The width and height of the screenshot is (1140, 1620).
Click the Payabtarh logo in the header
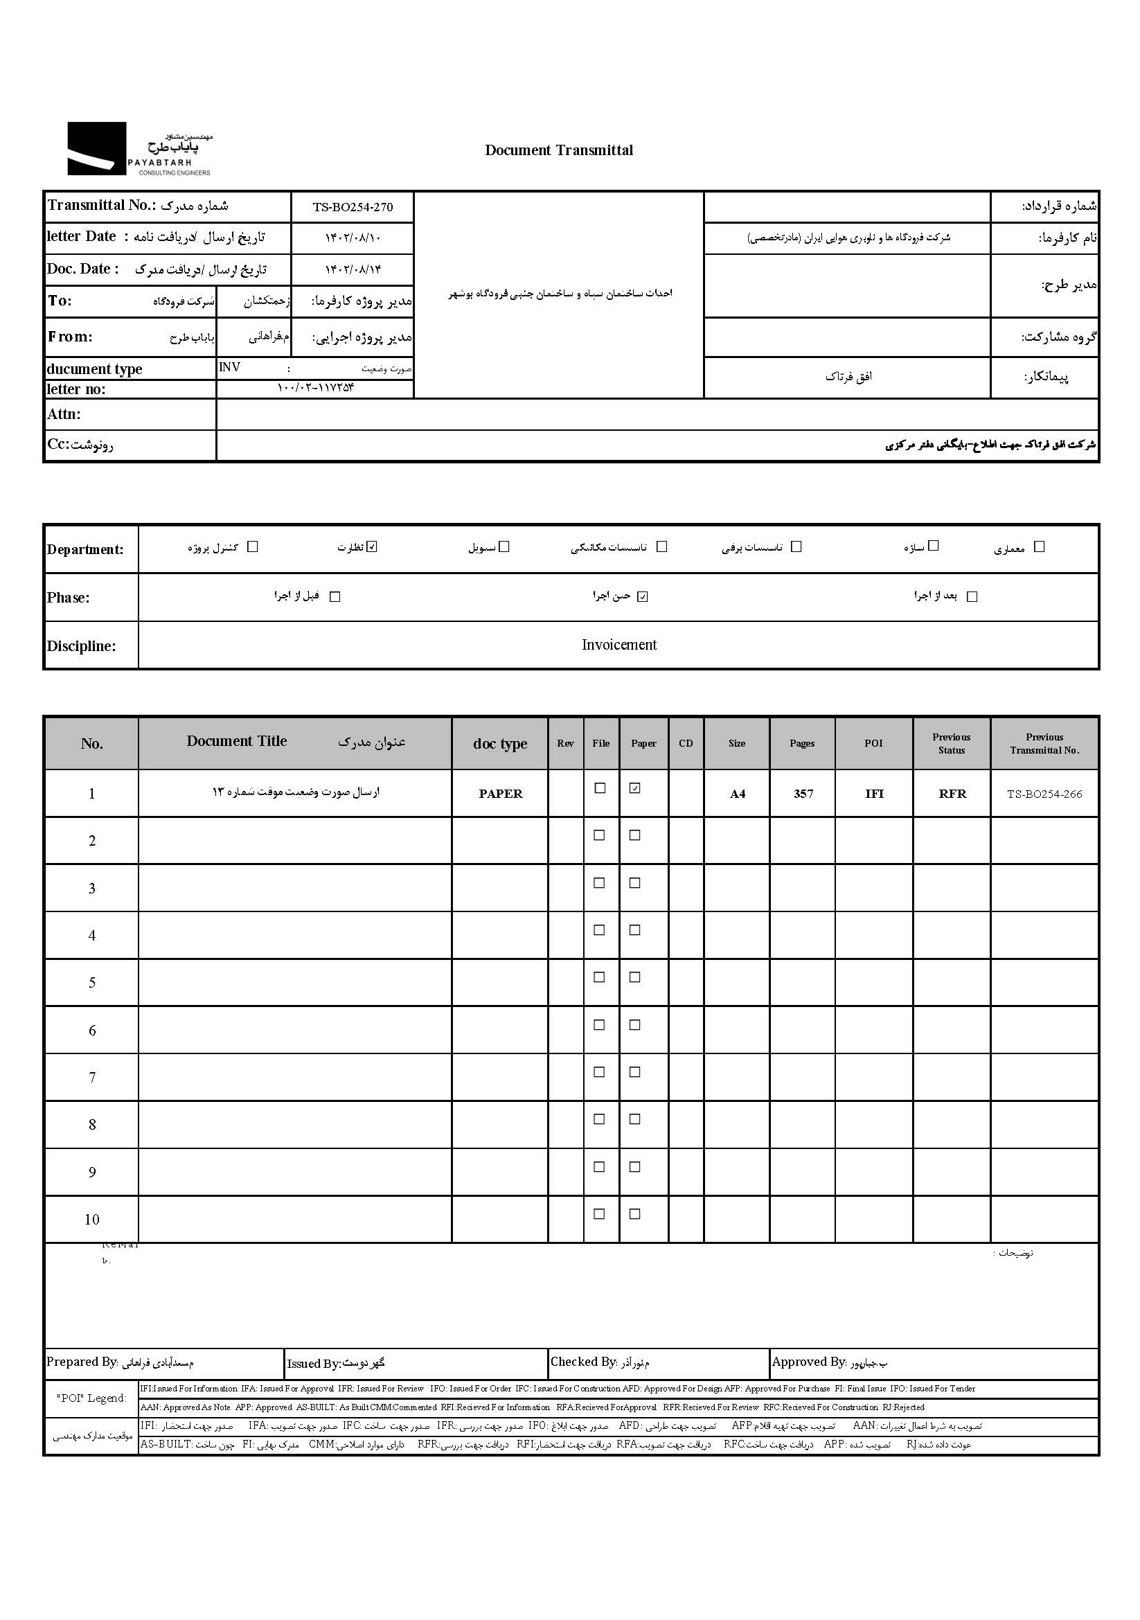(139, 149)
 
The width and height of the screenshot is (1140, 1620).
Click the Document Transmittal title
(559, 150)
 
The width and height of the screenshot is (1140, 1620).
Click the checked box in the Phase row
(642, 597)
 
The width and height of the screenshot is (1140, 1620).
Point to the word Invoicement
(618, 645)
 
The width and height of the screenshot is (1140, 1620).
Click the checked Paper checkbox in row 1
(635, 789)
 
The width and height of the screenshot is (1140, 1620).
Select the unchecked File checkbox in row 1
(600, 789)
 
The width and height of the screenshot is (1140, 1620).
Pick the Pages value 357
(803, 794)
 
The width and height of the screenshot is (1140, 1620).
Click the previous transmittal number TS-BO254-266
(1044, 794)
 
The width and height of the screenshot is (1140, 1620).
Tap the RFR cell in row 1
(952, 794)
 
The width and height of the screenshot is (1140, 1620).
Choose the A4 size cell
(737, 794)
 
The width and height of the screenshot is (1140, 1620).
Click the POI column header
(873, 743)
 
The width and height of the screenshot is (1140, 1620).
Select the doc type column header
(499, 744)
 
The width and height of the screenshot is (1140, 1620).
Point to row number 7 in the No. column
(91, 1078)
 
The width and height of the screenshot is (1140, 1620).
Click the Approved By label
(808, 1362)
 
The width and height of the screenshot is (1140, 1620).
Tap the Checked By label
(583, 1362)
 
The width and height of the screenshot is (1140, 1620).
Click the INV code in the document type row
(229, 368)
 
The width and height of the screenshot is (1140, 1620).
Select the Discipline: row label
(81, 646)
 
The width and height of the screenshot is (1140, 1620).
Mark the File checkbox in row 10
(600, 1214)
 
